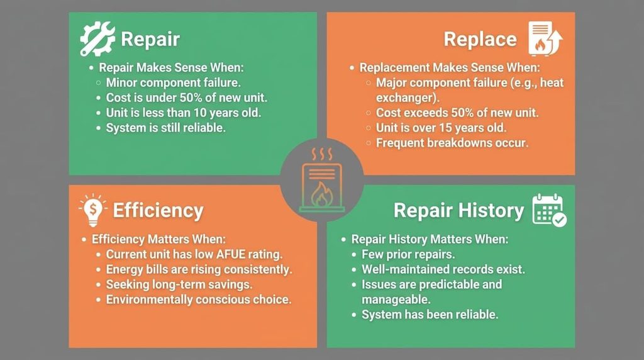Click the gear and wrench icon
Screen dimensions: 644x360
pos(97,38)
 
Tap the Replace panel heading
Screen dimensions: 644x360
pos(480,40)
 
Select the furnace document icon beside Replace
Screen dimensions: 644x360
pos(545,38)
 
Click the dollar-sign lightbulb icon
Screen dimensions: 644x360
pos(93,210)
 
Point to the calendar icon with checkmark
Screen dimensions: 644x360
pos(550,210)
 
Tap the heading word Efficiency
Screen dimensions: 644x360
pos(158,210)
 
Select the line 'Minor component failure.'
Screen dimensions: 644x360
pos(174,82)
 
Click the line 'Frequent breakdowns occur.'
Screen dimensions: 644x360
pos(452,143)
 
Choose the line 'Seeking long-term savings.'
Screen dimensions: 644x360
pos(179,284)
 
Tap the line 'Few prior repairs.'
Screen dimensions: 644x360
pos(408,254)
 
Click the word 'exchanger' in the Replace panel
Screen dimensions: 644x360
pos(406,98)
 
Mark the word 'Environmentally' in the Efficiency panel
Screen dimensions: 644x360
pos(148,300)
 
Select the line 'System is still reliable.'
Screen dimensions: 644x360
pos(166,128)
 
